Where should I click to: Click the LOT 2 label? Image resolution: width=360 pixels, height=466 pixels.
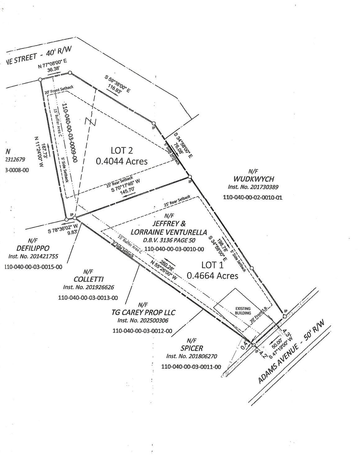click(122, 151)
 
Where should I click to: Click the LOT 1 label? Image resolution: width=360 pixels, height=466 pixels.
click(213, 265)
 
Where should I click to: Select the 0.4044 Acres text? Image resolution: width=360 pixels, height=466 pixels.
click(122, 162)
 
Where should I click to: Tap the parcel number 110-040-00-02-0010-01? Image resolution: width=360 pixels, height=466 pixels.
click(253, 197)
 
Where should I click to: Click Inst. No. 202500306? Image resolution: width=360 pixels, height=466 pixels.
click(143, 321)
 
